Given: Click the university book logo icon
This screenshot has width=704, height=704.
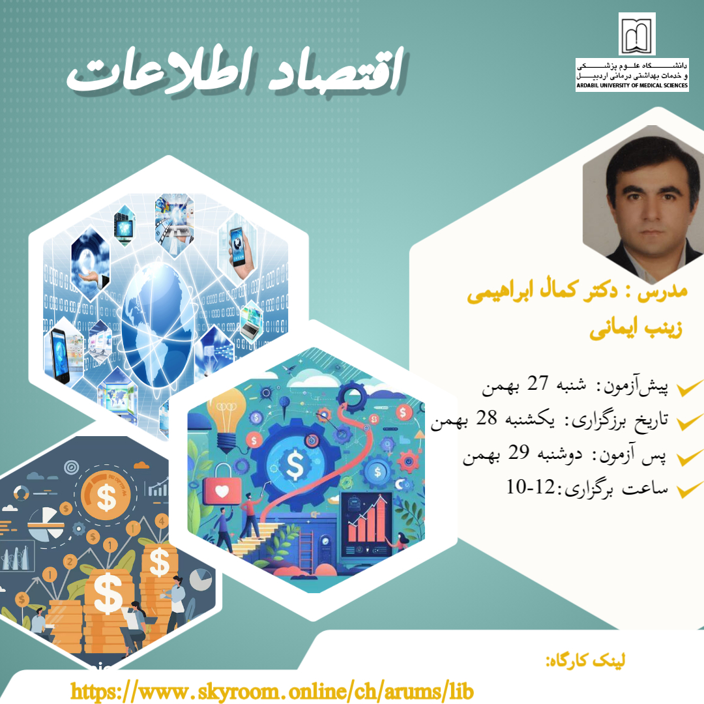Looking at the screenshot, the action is [637, 35].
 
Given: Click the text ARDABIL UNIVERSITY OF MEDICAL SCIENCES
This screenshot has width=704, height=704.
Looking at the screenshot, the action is [632, 85].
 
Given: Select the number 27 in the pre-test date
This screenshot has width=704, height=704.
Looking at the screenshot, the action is [537, 383].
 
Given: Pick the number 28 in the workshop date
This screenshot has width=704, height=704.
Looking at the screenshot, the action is [486, 418].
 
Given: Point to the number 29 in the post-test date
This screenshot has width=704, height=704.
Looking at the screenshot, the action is [518, 452].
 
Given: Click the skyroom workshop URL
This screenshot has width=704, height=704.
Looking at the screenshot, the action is [272, 691].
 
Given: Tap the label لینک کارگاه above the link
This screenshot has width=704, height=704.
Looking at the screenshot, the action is [585, 660].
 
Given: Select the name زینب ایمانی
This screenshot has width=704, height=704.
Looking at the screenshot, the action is [636, 329].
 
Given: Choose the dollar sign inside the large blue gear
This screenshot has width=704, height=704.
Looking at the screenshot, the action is [295, 464].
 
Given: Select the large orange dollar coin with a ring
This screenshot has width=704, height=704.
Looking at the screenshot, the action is [106, 495].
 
